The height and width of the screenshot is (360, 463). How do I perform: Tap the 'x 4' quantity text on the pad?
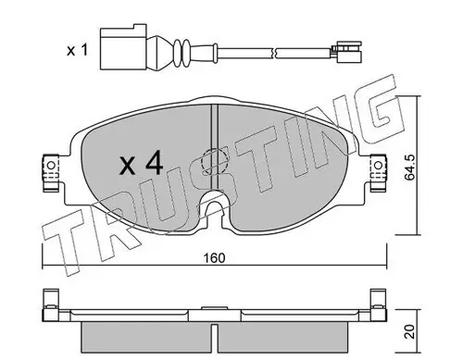pyautogui.click(x=143, y=165)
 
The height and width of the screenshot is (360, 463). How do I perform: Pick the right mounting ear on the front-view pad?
pyautogui.click(x=379, y=166)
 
